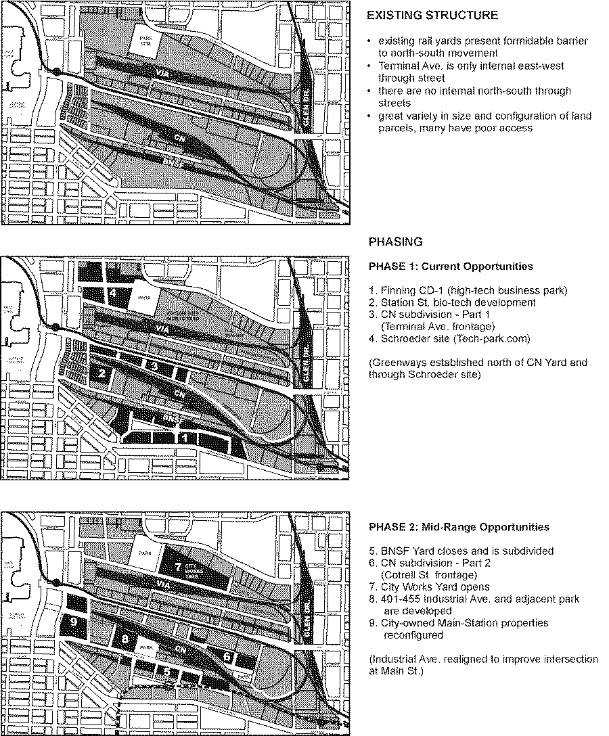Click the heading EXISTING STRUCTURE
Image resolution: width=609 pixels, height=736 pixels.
tap(433, 15)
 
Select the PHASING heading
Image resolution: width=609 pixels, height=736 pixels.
tap(396, 241)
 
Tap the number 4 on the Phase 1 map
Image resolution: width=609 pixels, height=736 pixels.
tap(113, 292)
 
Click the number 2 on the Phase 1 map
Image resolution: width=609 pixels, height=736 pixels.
tap(102, 373)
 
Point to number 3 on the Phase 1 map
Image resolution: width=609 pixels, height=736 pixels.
tap(155, 366)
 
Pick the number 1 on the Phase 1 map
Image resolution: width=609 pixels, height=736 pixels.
tap(187, 438)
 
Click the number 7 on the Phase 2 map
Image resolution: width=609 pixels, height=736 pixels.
tap(178, 566)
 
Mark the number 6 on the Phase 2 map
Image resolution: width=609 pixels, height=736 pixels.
tap(227, 656)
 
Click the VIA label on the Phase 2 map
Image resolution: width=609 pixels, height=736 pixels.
tap(162, 583)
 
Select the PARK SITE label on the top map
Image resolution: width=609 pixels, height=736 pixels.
tap(143, 41)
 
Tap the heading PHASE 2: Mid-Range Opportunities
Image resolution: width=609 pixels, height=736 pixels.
tap(459, 527)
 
